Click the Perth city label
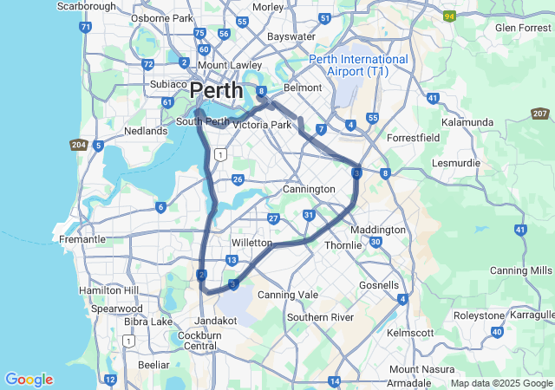(x=216, y=90)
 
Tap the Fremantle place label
(x=82, y=239)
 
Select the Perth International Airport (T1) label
(x=359, y=65)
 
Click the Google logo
(x=29, y=380)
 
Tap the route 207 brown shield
(x=539, y=114)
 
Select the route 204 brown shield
(x=78, y=145)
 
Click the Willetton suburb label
(x=251, y=244)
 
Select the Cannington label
(x=309, y=189)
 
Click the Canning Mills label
(x=520, y=270)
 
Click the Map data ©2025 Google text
(x=500, y=383)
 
